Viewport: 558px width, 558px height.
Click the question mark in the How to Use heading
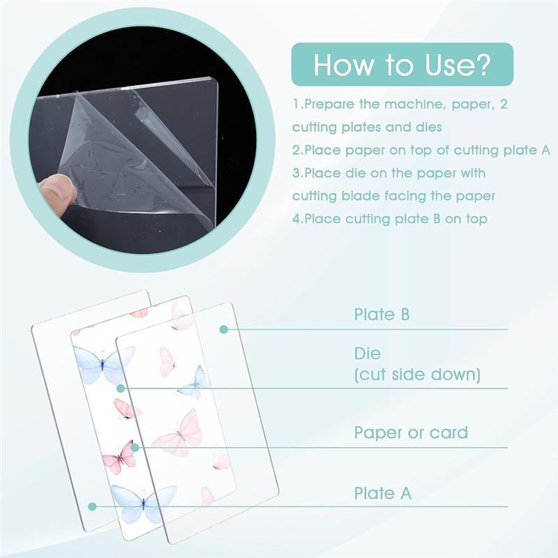tap(483, 64)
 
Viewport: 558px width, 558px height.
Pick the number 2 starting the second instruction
tap(296, 150)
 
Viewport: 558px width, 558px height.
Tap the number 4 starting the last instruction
tap(296, 219)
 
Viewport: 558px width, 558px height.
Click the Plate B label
tap(382, 315)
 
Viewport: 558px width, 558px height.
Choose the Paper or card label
tap(411, 432)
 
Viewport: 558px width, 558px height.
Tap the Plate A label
tap(382, 494)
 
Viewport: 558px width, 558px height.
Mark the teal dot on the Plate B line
tap(224, 329)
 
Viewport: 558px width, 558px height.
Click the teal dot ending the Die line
tap(121, 388)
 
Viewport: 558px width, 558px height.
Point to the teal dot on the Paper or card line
tap(136, 447)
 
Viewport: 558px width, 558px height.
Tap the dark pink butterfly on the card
tap(119, 458)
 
